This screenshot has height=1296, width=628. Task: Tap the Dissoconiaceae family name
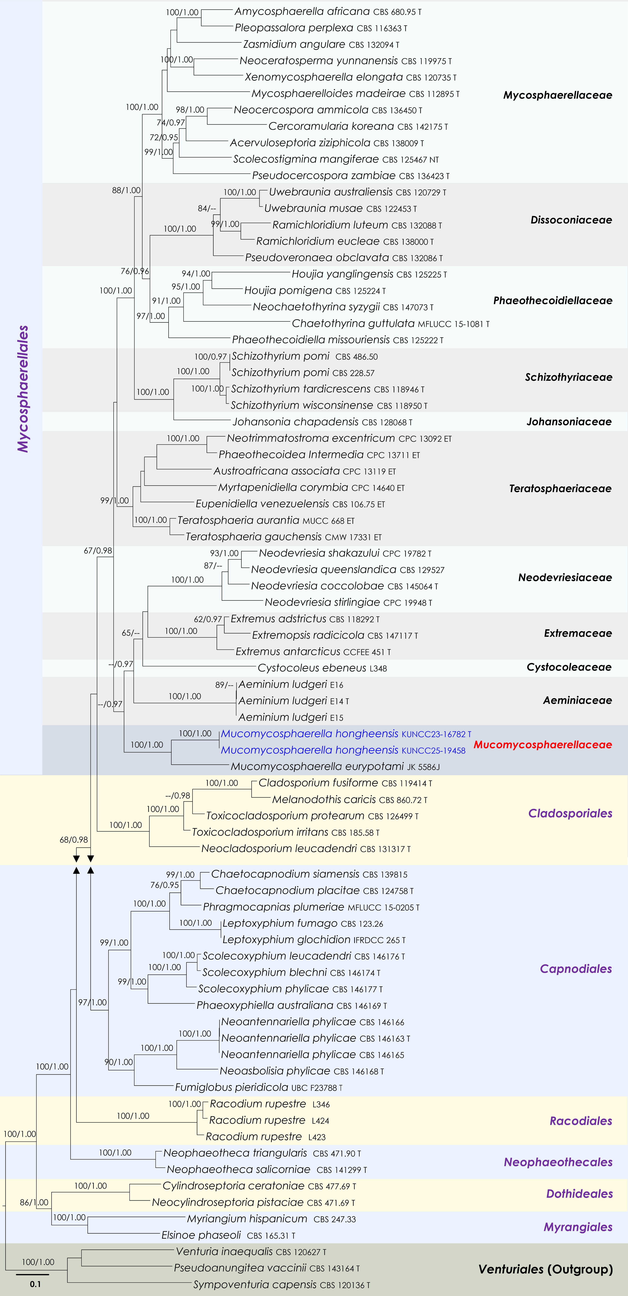tap(571, 220)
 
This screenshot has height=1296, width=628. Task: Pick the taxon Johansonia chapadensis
tap(322, 422)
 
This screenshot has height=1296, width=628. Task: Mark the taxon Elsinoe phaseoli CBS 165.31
tap(228, 1235)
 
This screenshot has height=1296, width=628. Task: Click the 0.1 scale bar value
tap(35, 1284)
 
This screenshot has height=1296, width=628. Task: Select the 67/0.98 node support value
tap(98, 550)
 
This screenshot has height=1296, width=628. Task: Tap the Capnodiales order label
tap(576, 968)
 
